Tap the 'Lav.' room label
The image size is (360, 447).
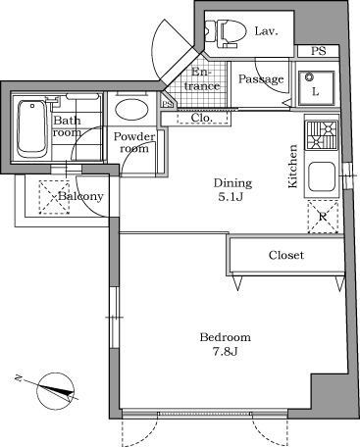tap(266, 31)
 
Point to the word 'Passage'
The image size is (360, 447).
tap(262, 79)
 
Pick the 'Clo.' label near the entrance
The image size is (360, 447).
tap(202, 118)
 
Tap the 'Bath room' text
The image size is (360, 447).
tap(67, 126)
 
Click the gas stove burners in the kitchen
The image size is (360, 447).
tap(322, 133)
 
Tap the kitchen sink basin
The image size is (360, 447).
tap(322, 177)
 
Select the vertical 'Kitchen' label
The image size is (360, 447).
tap(292, 166)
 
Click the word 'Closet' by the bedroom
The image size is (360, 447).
tap(286, 255)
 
